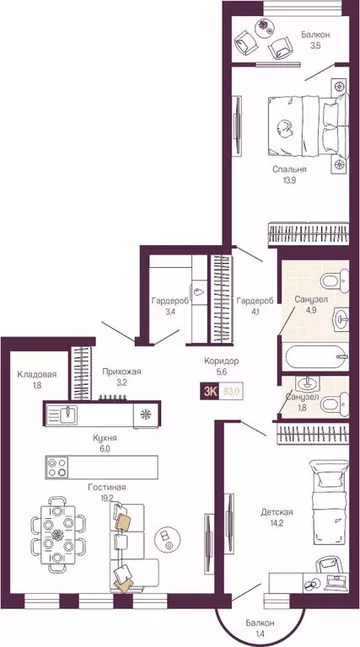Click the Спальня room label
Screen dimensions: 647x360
pos(288,168)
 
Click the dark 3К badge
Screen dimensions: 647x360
pos(207,390)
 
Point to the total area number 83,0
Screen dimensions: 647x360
pos(230,390)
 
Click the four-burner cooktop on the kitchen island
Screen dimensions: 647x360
pos(59,465)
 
